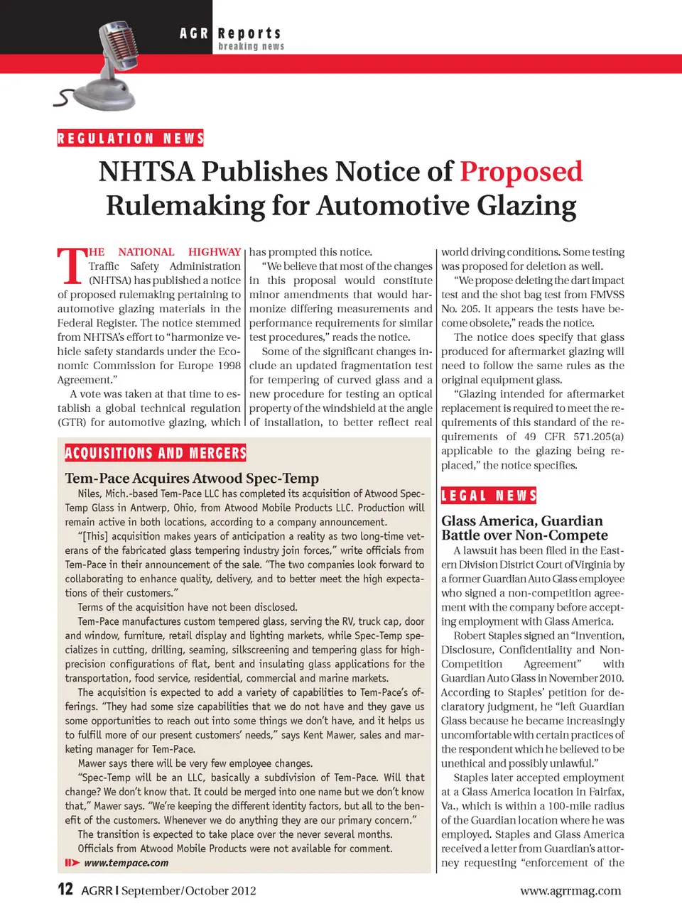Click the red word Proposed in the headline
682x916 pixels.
(521, 172)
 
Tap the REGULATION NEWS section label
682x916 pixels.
(131, 138)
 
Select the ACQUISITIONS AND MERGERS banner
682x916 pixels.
(156, 453)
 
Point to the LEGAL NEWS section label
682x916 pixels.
(489, 496)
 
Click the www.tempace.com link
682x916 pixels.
(126, 863)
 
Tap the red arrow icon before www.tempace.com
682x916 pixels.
(72, 863)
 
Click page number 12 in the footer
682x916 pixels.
(65, 889)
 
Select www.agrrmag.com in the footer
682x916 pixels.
(570, 890)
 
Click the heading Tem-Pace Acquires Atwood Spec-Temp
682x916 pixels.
(192, 478)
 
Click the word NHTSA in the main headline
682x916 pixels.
(146, 172)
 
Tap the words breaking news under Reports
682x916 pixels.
(251, 46)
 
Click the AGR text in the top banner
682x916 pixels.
(194, 33)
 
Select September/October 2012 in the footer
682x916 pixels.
(188, 890)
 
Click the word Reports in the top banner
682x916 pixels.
(249, 33)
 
